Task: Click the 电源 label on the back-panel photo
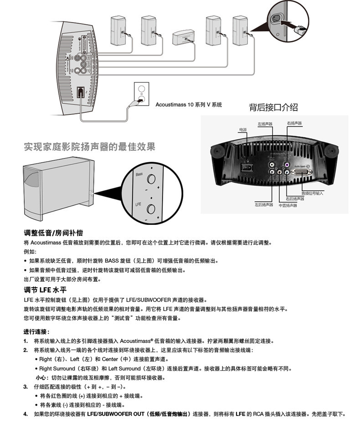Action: click(242, 130)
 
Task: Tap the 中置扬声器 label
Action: click(288, 206)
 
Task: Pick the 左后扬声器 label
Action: click(263, 204)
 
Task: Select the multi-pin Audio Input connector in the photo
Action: click(302, 174)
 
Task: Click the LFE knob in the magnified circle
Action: click(151, 209)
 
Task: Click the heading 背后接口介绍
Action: click(273, 107)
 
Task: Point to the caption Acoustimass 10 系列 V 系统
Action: click(189, 105)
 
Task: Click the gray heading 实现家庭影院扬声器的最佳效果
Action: click(89, 147)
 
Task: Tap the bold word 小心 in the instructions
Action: click(42, 378)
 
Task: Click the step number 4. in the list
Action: click(26, 414)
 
